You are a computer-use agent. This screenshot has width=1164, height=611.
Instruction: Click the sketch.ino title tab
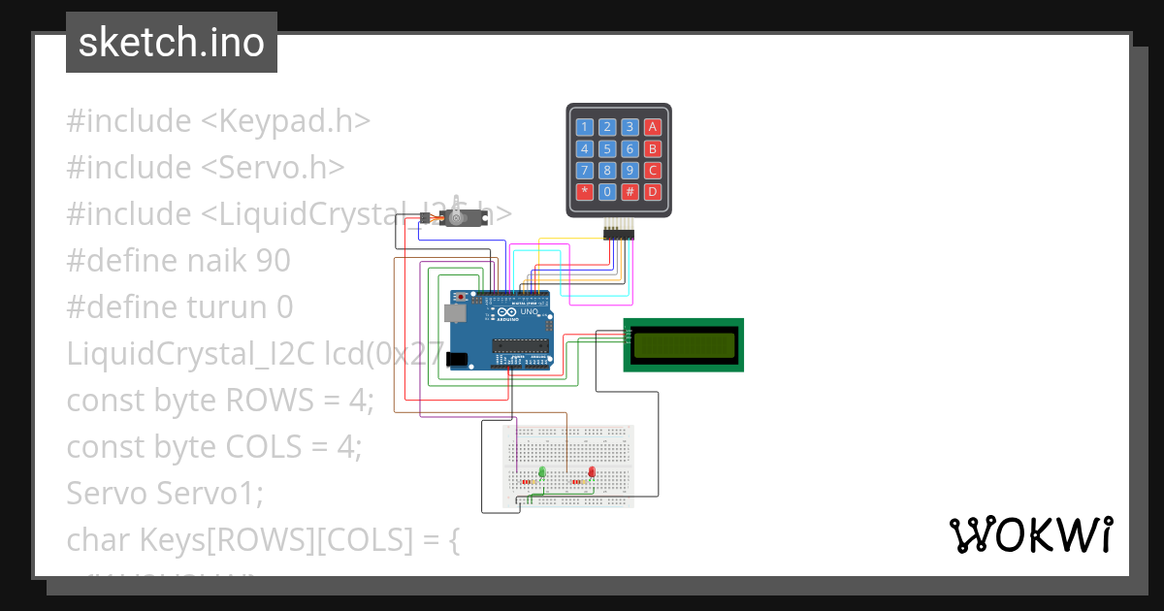(x=172, y=43)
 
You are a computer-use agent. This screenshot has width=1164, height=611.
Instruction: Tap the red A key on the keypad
(x=653, y=127)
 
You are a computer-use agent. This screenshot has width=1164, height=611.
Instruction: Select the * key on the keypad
(x=584, y=191)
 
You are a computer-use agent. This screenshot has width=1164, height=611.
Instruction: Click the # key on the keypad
(x=630, y=191)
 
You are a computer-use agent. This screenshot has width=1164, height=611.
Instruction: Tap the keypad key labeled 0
(x=607, y=191)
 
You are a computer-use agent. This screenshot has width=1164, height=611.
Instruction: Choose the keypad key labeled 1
(x=584, y=127)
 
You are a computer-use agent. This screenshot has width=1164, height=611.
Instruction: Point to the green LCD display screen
(x=683, y=344)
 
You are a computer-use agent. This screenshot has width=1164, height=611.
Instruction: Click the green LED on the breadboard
(x=542, y=472)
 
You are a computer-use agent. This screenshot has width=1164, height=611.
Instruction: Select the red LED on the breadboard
(x=592, y=472)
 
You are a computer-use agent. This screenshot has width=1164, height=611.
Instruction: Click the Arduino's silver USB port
(x=453, y=313)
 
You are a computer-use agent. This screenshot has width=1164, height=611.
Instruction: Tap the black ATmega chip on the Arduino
(x=520, y=344)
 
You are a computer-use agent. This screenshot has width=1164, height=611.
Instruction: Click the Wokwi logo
(x=1030, y=534)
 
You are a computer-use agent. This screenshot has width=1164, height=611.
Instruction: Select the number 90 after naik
(x=274, y=261)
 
